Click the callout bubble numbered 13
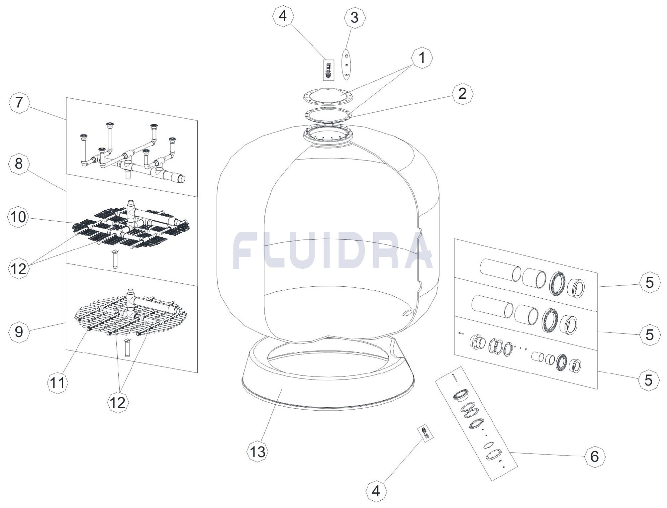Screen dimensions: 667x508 (x=258, y=452)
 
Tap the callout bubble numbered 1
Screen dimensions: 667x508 (x=422, y=58)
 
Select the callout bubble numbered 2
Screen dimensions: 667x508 (x=462, y=94)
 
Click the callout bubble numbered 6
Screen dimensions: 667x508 (x=595, y=456)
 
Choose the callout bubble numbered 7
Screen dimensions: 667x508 (x=19, y=102)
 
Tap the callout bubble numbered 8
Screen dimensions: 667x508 (x=19, y=164)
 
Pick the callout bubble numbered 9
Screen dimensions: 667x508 (x=19, y=331)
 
